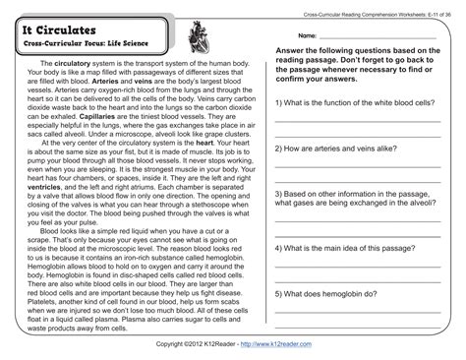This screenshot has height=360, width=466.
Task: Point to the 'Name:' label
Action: (x=307, y=34)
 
